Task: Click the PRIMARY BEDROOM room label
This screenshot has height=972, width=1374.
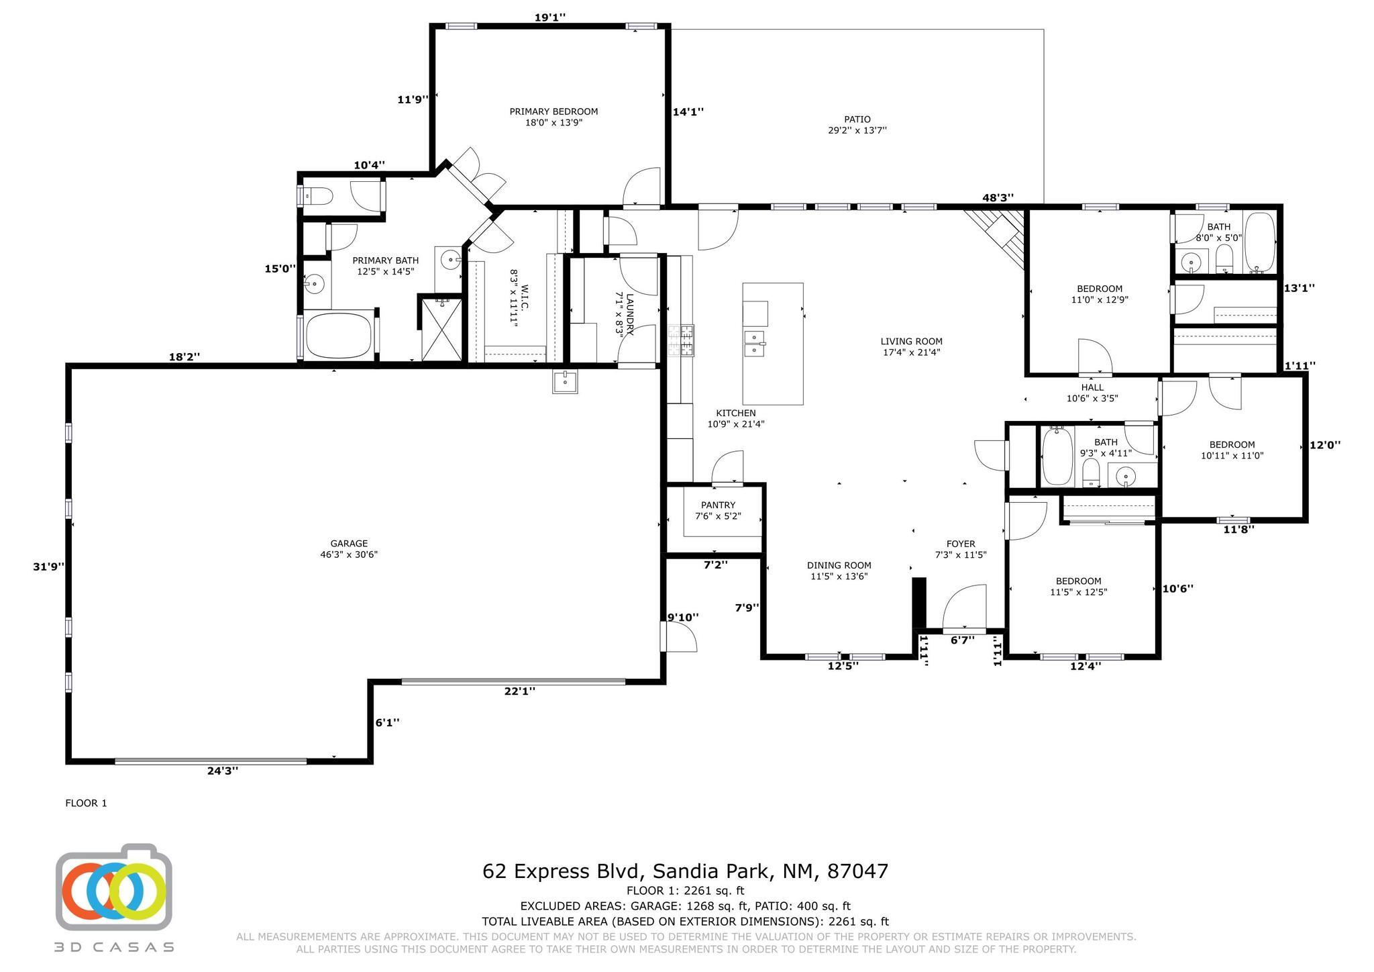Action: pos(553,111)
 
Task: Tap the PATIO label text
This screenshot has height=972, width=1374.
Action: pos(857,119)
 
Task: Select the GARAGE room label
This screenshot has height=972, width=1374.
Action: pos(349,544)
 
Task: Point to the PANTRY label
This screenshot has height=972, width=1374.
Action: pos(718,505)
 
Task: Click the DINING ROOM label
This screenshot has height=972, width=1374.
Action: pos(839,565)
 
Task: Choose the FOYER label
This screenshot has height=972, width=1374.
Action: pos(961,544)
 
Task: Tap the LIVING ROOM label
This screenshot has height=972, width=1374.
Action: pos(911,341)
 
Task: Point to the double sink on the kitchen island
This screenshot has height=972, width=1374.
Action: pos(755,342)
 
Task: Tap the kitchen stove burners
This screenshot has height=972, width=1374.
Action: pos(680,340)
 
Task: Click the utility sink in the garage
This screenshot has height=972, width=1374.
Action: pos(565,381)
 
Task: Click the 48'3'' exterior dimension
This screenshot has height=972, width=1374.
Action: pos(998,197)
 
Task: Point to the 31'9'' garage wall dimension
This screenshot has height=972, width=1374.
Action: pos(49,567)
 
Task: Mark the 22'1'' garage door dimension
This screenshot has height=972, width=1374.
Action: pos(519,691)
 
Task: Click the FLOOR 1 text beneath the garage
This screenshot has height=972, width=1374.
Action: pos(86,803)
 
